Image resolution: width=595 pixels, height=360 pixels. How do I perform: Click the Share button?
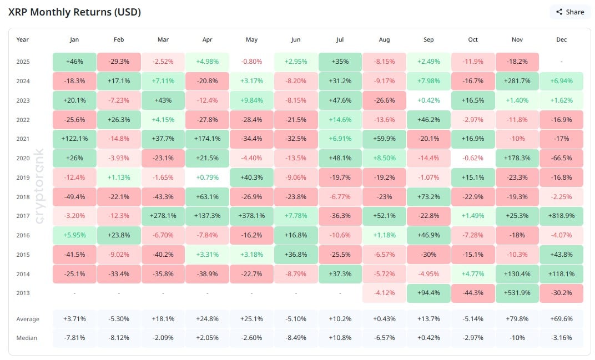(569, 12)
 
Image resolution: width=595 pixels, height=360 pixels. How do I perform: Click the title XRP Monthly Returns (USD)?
(74, 12)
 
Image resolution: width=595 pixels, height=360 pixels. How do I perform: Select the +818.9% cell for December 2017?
(561, 216)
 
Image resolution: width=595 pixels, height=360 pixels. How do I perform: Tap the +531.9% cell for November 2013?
(517, 293)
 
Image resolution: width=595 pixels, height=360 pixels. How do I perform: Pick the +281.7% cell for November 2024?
(517, 81)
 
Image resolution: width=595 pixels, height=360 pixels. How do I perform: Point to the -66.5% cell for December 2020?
(561, 158)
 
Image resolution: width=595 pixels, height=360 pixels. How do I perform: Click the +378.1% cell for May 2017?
(251, 216)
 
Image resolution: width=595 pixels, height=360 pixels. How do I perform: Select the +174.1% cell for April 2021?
(207, 139)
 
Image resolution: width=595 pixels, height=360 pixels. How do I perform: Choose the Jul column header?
(340, 40)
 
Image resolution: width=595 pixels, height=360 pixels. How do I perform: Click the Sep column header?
(428, 40)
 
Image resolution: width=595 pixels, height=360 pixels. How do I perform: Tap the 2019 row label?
(23, 178)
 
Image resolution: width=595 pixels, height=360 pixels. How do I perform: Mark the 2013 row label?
(23, 293)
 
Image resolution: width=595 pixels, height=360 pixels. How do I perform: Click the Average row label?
(28, 319)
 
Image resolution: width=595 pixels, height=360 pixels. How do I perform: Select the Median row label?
(27, 338)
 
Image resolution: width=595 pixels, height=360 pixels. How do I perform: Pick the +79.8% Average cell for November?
(517, 319)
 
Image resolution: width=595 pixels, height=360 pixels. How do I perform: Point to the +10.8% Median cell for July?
(340, 338)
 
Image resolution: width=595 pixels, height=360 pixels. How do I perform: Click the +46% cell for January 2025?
(74, 62)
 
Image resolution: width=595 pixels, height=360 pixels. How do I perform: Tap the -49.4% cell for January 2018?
(74, 197)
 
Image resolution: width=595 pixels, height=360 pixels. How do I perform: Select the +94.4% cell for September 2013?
(428, 293)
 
